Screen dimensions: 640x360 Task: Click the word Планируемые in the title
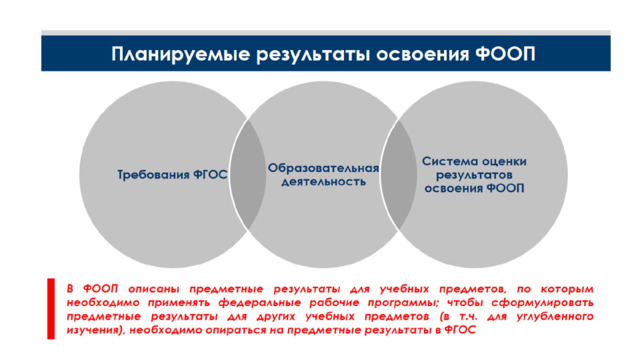pyautogui.click(x=180, y=54)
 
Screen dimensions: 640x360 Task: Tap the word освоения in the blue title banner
pyautogui.click(x=423, y=54)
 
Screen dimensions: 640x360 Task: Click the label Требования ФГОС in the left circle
pyautogui.click(x=172, y=175)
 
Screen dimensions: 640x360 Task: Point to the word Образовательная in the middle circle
pyautogui.click(x=323, y=168)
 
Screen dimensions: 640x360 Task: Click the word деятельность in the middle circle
pyautogui.click(x=323, y=181)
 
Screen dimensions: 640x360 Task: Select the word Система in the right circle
pyautogui.click(x=447, y=161)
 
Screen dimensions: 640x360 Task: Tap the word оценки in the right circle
pyautogui.click(x=501, y=161)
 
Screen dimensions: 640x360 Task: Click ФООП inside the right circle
pyautogui.click(x=505, y=188)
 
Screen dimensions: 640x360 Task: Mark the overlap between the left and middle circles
pyautogui.click(x=248, y=175)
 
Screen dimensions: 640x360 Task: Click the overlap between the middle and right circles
pyautogui.click(x=399, y=175)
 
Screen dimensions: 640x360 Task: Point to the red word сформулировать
pyautogui.click(x=542, y=303)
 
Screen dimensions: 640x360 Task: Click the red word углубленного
pyautogui.click(x=555, y=317)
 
